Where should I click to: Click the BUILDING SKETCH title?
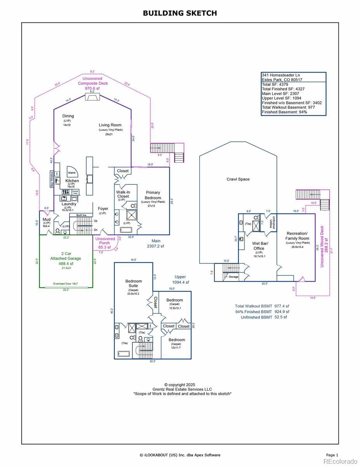[180, 13]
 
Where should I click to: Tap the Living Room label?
[111, 125]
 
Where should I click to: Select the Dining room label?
[68, 116]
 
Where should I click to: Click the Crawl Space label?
[238, 179]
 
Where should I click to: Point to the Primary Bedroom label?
[153, 195]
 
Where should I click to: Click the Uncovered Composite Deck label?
[93, 83]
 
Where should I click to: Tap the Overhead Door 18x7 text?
[66, 284]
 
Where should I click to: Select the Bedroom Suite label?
[134, 283]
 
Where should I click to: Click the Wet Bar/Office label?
[259, 246]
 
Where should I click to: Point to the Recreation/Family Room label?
[297, 236]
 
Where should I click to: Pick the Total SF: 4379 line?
[276, 84]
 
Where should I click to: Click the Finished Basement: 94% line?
[284, 112]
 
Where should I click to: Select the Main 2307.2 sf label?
[155, 243]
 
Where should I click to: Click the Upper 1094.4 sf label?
[181, 280]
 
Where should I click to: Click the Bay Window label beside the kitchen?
[52, 180]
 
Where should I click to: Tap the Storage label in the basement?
[233, 277]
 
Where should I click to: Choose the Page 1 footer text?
[332, 455]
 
